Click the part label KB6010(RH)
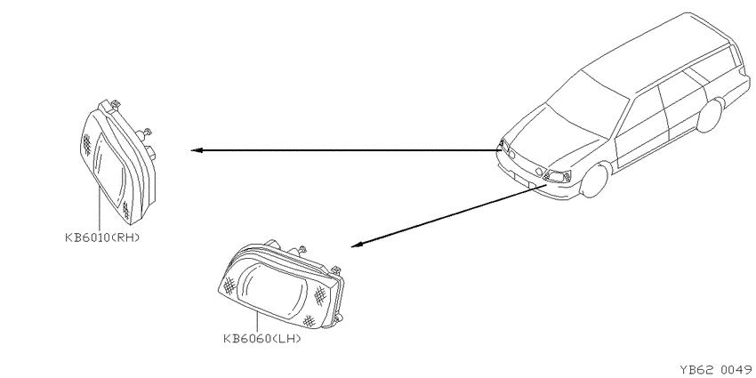tap(102, 237)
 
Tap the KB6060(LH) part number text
tap(261, 339)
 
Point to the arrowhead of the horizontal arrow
tap(197, 150)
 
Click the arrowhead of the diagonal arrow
tap(356, 245)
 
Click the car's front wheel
tap(594, 180)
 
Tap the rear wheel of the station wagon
tap(711, 115)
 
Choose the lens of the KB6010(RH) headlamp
tap(109, 165)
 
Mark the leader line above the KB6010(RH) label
tap(99, 208)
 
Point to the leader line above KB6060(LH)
tap(257, 322)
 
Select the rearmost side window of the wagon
tap(714, 65)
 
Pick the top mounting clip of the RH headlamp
tap(116, 104)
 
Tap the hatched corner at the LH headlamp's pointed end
tap(229, 285)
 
